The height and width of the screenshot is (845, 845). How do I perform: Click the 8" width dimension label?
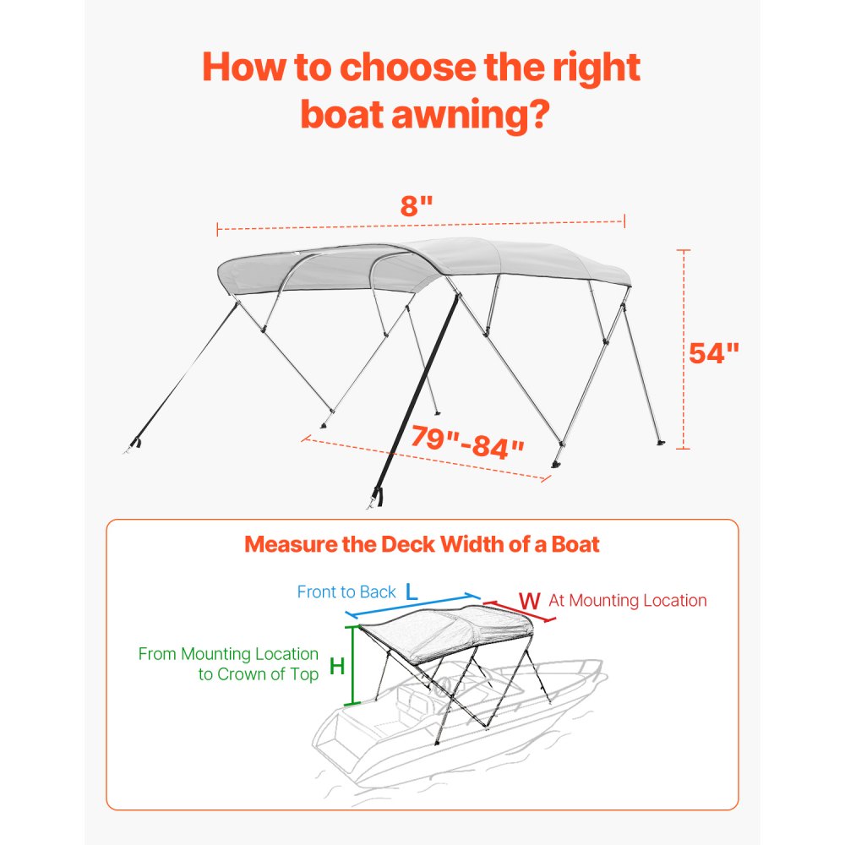417,205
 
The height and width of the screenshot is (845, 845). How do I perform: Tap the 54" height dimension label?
714,352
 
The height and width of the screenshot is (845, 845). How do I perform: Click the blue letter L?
412,592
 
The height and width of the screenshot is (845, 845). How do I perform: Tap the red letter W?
529,601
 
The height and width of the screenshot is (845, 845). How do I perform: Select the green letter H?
337,666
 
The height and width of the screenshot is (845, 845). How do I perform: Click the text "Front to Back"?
346,591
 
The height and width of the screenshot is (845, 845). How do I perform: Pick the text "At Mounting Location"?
628,601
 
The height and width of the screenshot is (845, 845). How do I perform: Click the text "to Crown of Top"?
259,674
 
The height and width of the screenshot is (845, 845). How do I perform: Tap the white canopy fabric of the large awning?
507,258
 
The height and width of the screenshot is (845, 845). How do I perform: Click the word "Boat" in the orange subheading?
573,544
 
